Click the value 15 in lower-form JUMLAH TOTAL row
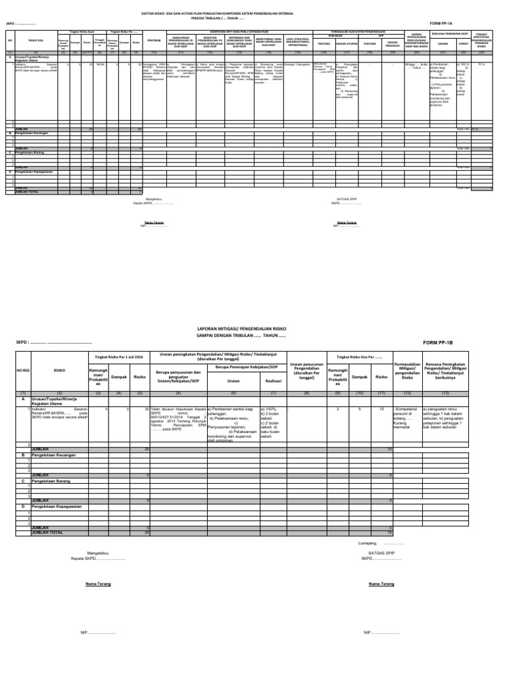click(x=390, y=532)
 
